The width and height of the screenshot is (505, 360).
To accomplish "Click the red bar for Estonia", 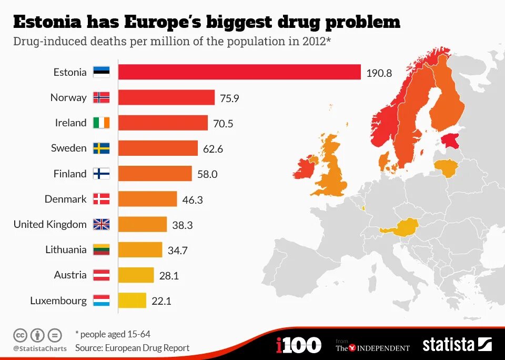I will (x=239, y=72).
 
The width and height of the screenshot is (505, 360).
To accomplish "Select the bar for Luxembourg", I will (x=132, y=301).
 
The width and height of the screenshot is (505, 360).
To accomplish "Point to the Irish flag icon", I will (x=102, y=123).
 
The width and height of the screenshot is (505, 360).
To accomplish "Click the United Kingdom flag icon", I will (x=102, y=224).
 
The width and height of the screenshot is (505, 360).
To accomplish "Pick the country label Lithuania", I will (x=66, y=249).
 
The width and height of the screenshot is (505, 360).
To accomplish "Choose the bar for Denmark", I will (x=147, y=199).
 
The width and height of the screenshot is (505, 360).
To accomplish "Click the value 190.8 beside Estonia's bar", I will (x=379, y=73).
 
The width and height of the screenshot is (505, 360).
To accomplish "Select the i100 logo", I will (x=298, y=345).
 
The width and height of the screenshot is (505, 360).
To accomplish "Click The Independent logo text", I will (x=372, y=347).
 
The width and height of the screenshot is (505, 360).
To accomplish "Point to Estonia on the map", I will (x=451, y=141).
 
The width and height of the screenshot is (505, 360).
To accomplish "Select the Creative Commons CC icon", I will (x=21, y=335).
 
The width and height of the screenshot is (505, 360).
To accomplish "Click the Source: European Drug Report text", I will (x=132, y=347).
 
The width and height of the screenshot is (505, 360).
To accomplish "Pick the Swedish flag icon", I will (x=102, y=148).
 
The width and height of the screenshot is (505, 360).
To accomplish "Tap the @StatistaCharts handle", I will (x=40, y=348).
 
